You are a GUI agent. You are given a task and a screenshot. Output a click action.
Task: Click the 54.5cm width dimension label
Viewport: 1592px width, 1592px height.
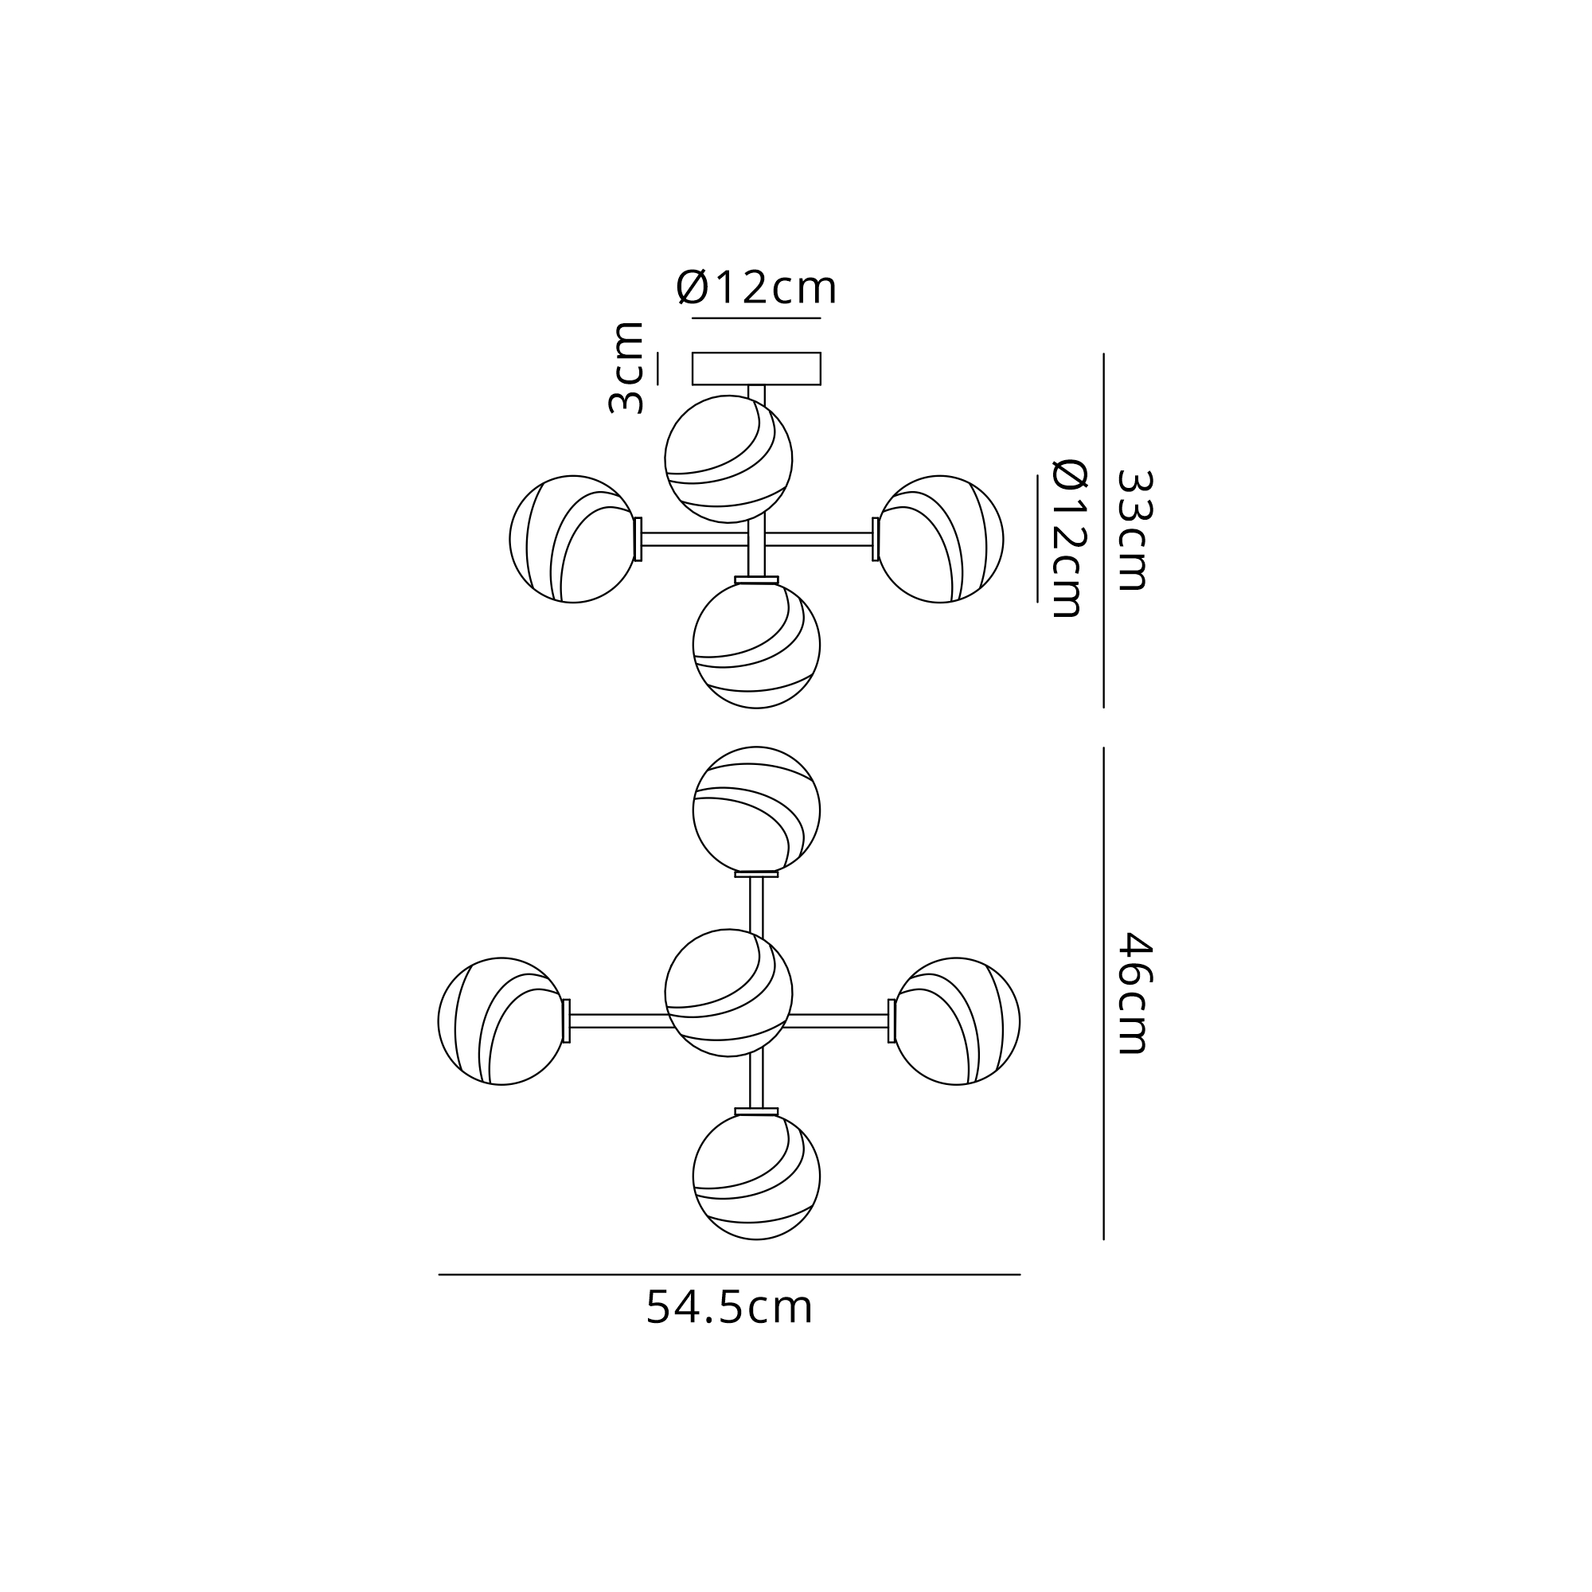coord(729,1308)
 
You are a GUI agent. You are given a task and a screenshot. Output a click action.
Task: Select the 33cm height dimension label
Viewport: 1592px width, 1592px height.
coord(1133,531)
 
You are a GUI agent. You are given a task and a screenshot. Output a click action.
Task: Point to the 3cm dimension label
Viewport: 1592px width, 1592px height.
coord(626,368)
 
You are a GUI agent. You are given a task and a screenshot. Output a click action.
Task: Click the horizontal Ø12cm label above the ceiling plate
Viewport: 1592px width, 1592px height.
coord(756,287)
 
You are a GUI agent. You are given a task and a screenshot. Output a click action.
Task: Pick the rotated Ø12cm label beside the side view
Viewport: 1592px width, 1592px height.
coord(1071,539)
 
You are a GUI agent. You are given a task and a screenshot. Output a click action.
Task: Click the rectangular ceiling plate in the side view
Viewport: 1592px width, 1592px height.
coord(756,369)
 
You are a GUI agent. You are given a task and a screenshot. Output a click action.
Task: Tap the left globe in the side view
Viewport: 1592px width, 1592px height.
coord(572,539)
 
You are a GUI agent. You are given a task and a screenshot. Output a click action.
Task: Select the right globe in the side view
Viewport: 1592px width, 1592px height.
coord(940,539)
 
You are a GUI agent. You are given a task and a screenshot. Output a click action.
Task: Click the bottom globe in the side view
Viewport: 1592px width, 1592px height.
coord(756,645)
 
